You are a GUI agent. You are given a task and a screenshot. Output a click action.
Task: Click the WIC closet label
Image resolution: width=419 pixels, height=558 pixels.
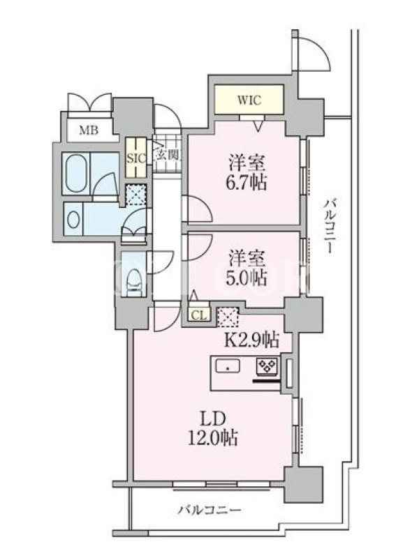[249, 100]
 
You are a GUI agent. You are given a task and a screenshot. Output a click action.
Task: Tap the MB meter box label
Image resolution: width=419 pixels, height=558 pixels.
[89, 130]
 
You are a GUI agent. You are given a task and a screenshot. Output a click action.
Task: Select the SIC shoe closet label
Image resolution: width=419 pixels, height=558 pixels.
[135, 158]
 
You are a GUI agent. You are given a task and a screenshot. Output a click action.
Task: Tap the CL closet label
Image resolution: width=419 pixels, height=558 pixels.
[199, 315]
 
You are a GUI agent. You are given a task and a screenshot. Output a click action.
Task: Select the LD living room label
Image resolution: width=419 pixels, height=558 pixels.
[213, 419]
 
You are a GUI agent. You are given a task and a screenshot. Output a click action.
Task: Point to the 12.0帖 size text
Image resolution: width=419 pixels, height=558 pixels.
[213, 438]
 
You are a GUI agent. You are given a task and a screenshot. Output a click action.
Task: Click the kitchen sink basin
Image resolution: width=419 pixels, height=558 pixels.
[228, 366]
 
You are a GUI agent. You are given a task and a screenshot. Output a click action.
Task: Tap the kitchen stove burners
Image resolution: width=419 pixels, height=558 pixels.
[267, 367]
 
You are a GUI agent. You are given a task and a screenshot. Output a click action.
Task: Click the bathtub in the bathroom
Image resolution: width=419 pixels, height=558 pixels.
[76, 174]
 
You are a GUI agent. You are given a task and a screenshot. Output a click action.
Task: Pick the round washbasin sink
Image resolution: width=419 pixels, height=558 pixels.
[73, 220]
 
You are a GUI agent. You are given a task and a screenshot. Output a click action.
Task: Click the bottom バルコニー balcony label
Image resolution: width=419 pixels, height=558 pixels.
[210, 510]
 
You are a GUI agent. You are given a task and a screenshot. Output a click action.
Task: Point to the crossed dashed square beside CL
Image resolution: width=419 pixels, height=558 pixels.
[227, 317]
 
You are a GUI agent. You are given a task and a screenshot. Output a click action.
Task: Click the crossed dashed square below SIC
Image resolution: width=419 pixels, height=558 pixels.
[136, 195]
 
